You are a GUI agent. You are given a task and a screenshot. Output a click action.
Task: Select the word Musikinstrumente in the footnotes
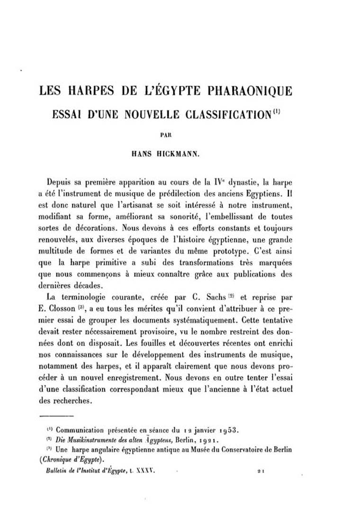(x=86, y=440)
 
